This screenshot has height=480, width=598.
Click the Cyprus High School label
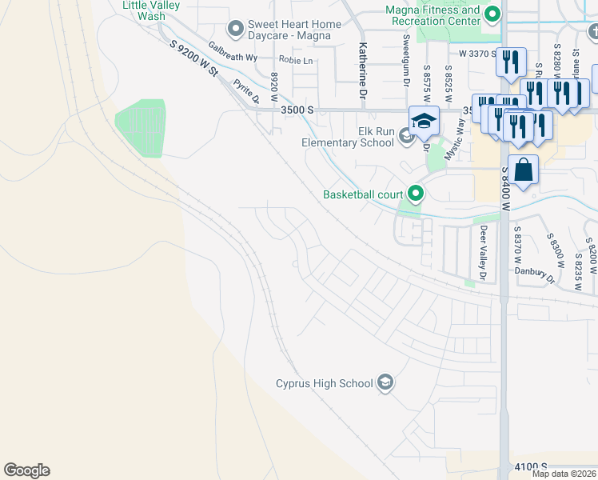coord(324,383)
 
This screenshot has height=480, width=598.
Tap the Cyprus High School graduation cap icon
coord(386,382)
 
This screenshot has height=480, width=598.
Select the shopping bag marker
coord(523,170)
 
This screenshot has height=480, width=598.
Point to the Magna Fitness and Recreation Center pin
coord(493,14)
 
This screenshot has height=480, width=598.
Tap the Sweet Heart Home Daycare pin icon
coord(235,30)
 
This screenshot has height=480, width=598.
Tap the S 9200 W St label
coord(194,60)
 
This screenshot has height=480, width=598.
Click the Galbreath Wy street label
coord(233,53)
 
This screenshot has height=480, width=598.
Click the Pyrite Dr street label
coord(246,91)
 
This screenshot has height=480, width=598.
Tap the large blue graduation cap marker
coord(425,120)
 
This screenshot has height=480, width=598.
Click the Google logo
coord(26,470)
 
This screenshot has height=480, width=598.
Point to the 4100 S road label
coord(531,466)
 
